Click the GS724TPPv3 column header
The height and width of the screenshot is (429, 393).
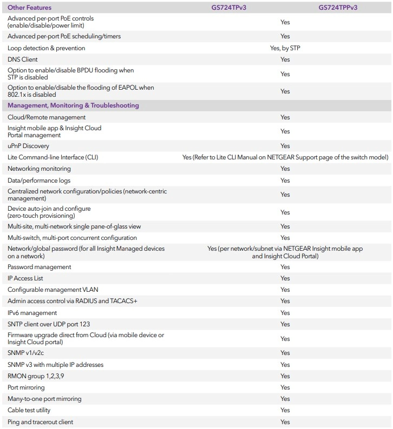pyautogui.click(x=338, y=8)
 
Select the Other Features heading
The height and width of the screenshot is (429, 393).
pyautogui.click(x=30, y=8)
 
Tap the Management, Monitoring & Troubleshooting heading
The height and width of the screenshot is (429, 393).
pyautogui.click(x=73, y=105)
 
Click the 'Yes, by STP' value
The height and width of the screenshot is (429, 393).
pyautogui.click(x=285, y=48)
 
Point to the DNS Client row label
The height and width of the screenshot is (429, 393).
pyautogui.click(x=23, y=59)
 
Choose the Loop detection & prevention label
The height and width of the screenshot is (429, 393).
pyautogui.click(x=46, y=48)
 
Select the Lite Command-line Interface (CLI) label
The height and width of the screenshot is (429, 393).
pyautogui.click(x=53, y=157)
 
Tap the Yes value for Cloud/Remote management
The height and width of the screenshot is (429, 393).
pyautogui.click(x=285, y=117)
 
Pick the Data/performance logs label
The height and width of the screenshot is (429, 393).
pyautogui.click(x=39, y=180)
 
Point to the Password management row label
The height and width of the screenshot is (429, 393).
pyautogui.click(x=40, y=267)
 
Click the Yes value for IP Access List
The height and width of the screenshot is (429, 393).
pyautogui.click(x=285, y=278)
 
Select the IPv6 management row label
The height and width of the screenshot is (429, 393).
pyautogui.click(x=32, y=313)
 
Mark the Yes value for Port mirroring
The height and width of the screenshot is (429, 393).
pyautogui.click(x=285, y=387)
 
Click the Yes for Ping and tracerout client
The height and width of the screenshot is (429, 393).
pyautogui.click(x=285, y=422)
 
